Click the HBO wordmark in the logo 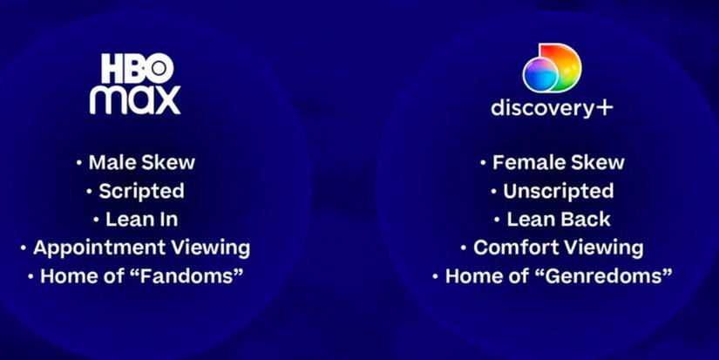(137, 66)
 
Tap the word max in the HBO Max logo (135, 99)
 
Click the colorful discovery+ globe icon (552, 67)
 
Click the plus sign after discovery (604, 108)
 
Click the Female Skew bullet (552, 162)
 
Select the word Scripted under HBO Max (141, 191)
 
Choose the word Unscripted (558, 191)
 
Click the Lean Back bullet (552, 219)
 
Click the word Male (109, 162)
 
